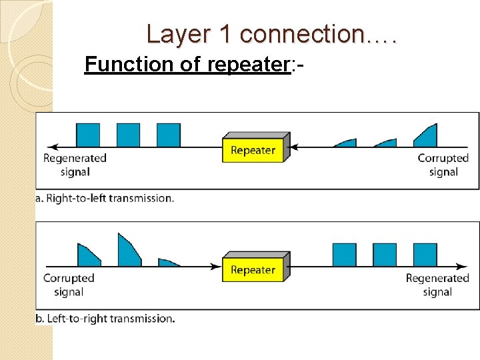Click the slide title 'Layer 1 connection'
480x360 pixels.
[x=271, y=34]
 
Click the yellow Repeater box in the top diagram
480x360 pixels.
[x=253, y=150]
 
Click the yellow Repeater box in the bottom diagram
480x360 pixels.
[x=253, y=270]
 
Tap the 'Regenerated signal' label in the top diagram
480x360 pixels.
[x=75, y=165]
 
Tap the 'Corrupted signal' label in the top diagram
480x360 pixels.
[x=443, y=165]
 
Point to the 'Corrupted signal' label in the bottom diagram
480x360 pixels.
[x=69, y=285]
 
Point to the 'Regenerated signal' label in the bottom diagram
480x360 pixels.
[x=437, y=285]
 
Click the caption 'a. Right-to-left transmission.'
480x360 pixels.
[x=105, y=198]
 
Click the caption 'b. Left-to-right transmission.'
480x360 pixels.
[x=105, y=319]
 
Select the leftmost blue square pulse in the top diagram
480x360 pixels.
[x=88, y=135]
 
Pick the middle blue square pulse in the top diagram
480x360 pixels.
[x=128, y=135]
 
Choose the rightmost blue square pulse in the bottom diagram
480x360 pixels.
[x=425, y=255]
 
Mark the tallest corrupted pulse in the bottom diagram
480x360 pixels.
[x=128, y=251]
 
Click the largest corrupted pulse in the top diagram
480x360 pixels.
[x=427, y=137]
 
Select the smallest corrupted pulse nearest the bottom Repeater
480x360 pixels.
[x=169, y=263]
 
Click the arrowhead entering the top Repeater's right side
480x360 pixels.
[x=296, y=147]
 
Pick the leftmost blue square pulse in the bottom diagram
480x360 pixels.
[x=344, y=255]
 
